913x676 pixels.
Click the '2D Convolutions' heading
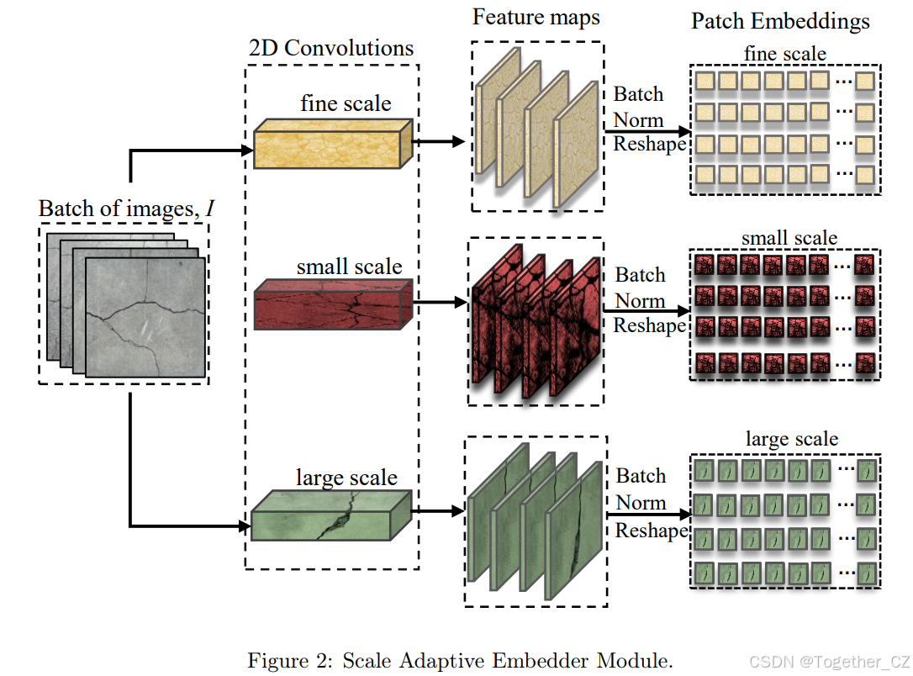[x=331, y=47]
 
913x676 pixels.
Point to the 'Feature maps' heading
[x=536, y=17]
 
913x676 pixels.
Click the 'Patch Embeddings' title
[x=780, y=21]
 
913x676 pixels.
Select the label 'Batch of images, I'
[x=125, y=208]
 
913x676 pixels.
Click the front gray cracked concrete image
[x=145, y=315]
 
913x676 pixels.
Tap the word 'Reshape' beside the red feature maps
[x=650, y=325]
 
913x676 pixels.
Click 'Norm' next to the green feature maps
[x=641, y=503]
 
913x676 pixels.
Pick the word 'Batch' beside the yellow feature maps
[x=638, y=94]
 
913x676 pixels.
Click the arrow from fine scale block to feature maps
[x=438, y=141]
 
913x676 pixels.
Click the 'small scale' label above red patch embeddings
[x=790, y=238]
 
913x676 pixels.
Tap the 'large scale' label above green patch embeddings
[x=791, y=439]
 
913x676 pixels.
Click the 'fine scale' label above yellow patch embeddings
[x=784, y=54]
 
